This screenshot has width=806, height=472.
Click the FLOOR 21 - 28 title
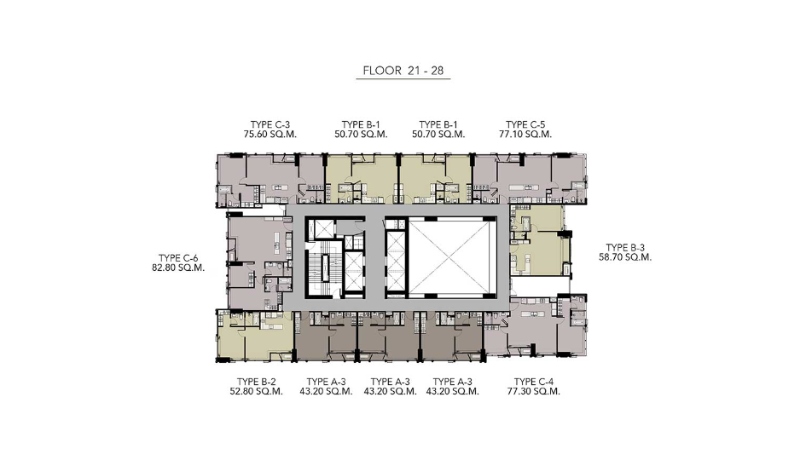coord(403,71)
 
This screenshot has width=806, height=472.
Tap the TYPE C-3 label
coord(270,124)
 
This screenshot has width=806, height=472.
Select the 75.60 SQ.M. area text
coord(270,134)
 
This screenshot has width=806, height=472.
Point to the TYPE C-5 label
coord(525,124)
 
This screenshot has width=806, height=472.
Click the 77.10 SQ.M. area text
coord(525,134)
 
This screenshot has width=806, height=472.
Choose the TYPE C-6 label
coord(178,258)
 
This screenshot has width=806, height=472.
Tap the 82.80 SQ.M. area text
coord(178,268)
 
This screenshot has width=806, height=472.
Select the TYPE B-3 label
coord(625,247)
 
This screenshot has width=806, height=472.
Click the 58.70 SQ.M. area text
coord(625,256)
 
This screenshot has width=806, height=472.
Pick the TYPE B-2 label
coord(257,382)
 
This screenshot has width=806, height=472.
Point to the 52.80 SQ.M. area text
coord(257,391)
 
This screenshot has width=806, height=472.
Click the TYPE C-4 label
coord(534,382)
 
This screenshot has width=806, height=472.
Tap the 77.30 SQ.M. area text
coord(534,391)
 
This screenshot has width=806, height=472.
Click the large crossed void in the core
coord(453,256)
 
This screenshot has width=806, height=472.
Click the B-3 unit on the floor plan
coord(540,240)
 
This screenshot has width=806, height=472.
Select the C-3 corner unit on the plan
coord(270,180)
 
